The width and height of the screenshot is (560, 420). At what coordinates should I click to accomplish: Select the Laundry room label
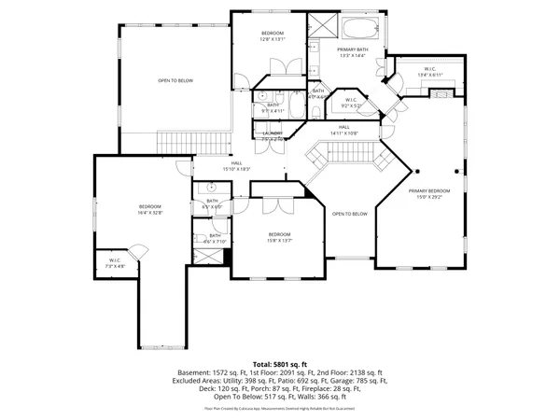[x=273, y=136]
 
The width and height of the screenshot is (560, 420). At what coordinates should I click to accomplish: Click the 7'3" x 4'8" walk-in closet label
[x=115, y=264]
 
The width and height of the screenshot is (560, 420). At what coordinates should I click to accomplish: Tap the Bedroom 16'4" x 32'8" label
[x=151, y=210]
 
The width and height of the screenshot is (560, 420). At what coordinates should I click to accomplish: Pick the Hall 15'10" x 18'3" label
[x=237, y=165]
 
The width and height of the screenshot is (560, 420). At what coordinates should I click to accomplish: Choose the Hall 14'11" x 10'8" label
[x=344, y=130]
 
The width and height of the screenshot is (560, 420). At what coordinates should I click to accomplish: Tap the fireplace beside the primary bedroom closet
[x=442, y=91]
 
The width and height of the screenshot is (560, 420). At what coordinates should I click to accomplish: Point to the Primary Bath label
[x=353, y=52]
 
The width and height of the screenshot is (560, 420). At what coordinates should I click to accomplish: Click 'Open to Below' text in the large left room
[x=175, y=81]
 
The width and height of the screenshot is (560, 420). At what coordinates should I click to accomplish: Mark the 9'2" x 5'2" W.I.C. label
[x=350, y=102]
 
